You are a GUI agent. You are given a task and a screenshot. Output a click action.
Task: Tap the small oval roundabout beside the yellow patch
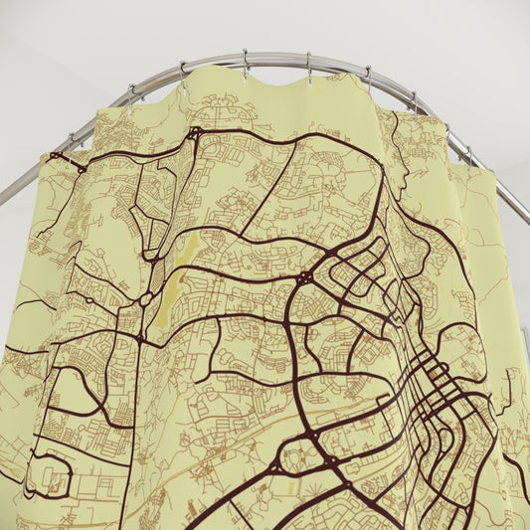146,298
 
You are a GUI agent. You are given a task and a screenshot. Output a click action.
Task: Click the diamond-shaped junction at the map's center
304,278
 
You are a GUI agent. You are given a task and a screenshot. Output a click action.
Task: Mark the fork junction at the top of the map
193,132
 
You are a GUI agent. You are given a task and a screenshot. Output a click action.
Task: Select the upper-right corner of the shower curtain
491,171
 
